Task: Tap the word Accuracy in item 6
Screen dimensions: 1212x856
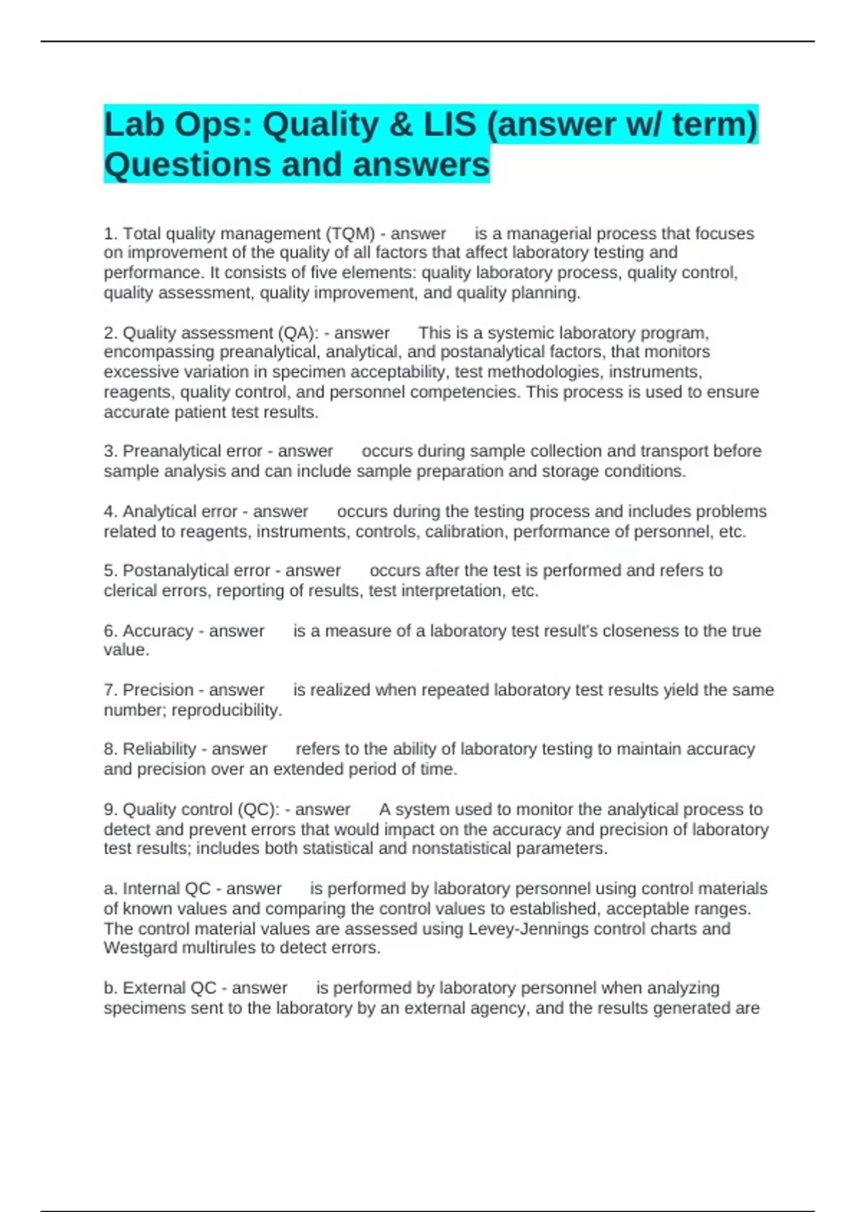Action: click(x=158, y=631)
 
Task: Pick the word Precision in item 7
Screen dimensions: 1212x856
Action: click(x=158, y=690)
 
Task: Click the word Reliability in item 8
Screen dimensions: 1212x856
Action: click(x=159, y=749)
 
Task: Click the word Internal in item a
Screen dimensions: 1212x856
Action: click(x=151, y=889)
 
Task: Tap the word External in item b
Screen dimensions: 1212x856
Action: click(x=153, y=988)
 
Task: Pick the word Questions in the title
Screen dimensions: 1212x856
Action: click(x=188, y=165)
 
